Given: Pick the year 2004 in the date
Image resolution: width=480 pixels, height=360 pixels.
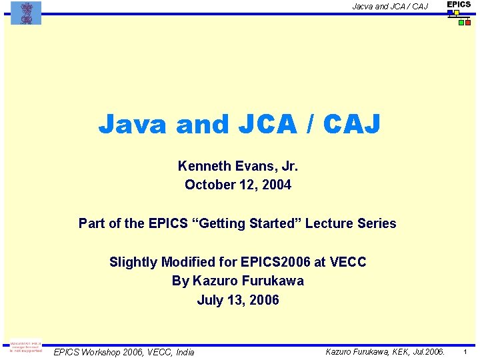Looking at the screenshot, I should [276, 185].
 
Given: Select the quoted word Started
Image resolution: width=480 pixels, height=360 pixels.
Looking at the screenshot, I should [275, 223].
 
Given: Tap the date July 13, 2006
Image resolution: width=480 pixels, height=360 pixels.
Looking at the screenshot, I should [238, 300].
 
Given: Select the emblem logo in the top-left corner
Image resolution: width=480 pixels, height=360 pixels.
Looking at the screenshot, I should [25, 13].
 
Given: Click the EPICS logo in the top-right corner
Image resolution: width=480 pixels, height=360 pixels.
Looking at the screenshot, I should [459, 13].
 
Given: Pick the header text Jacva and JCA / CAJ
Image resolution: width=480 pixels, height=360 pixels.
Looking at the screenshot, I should [390, 7].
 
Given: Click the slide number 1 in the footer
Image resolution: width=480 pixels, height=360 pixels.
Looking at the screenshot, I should [465, 351].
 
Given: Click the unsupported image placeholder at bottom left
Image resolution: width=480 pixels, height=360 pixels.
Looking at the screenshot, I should [25, 348].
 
